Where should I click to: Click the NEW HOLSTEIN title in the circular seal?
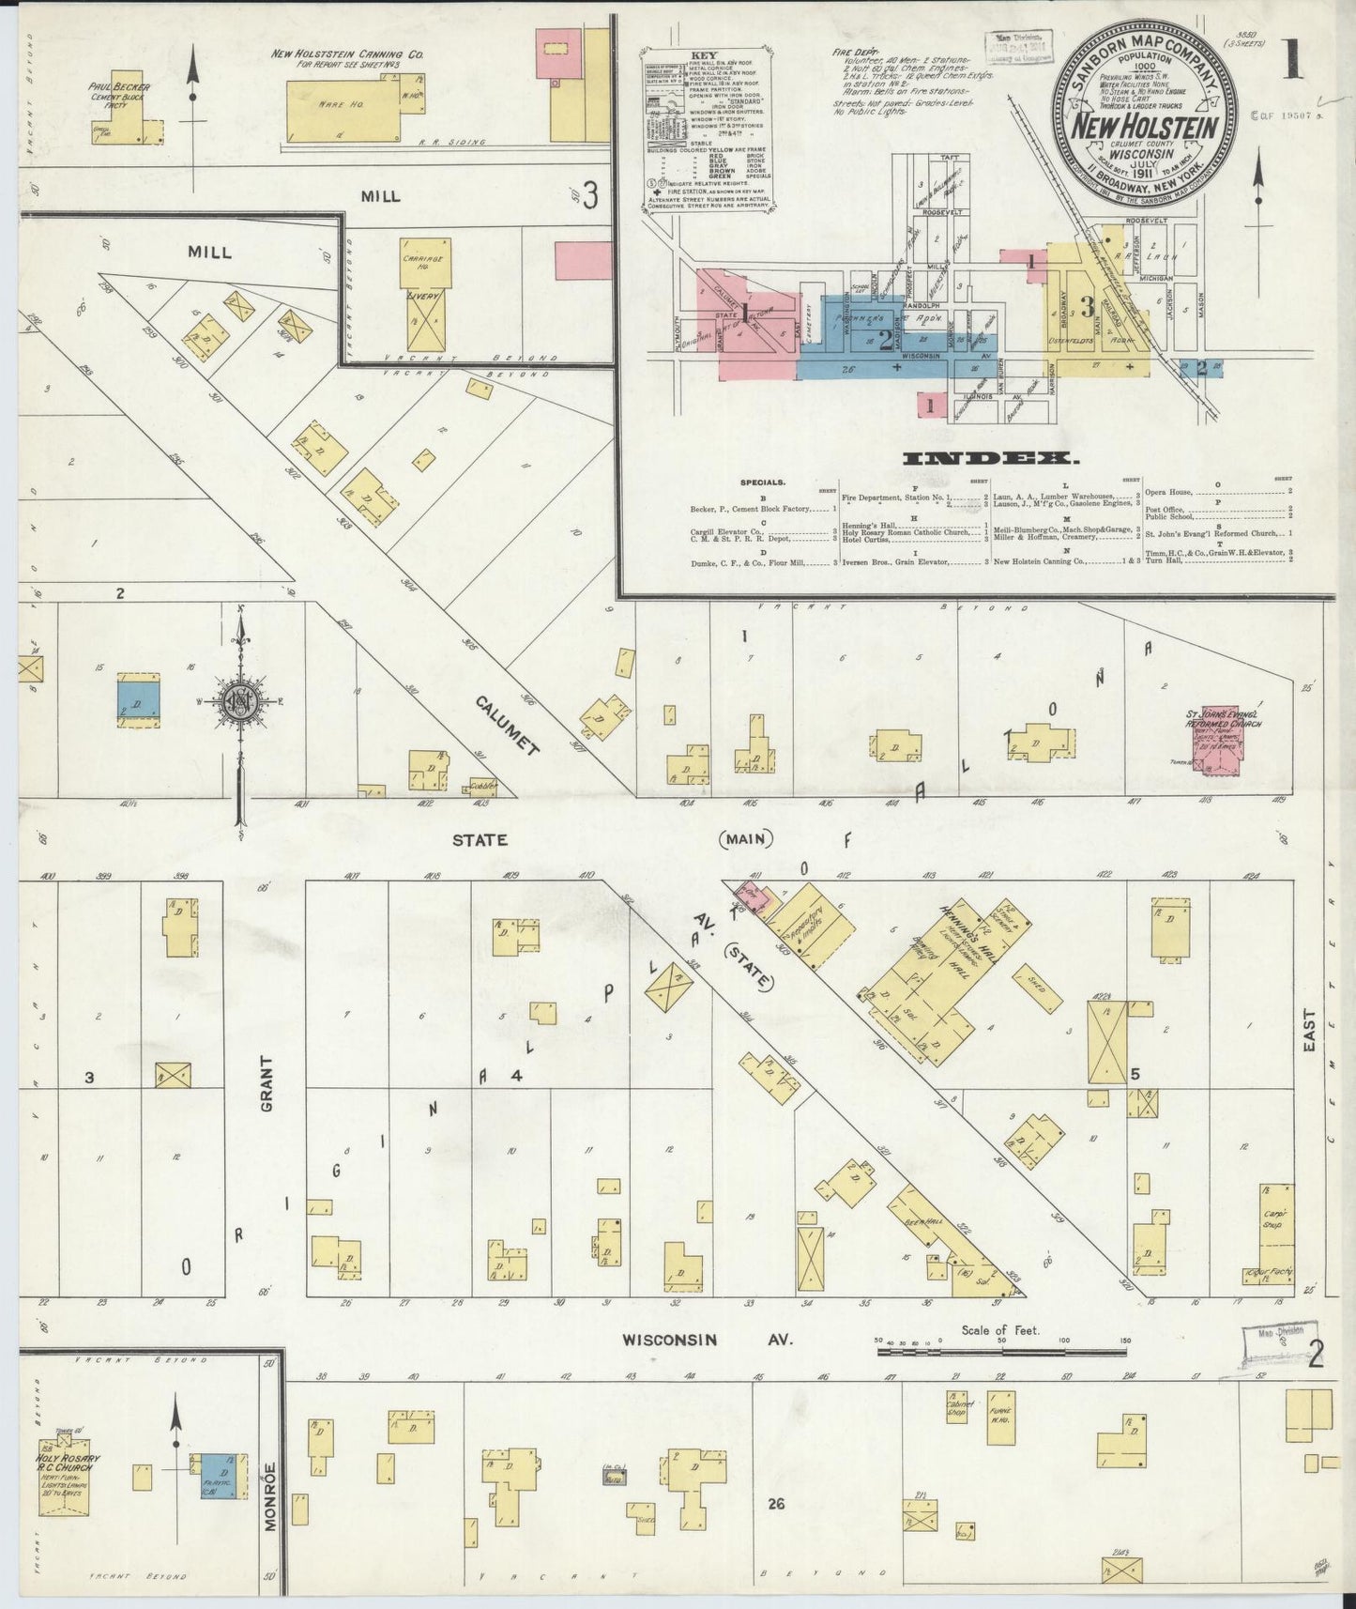[x=1146, y=126]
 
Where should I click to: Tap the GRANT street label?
[x=267, y=1084]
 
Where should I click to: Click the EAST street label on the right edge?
[x=1311, y=1029]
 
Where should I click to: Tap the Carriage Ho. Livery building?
[x=427, y=293]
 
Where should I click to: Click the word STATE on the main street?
[x=480, y=840]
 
